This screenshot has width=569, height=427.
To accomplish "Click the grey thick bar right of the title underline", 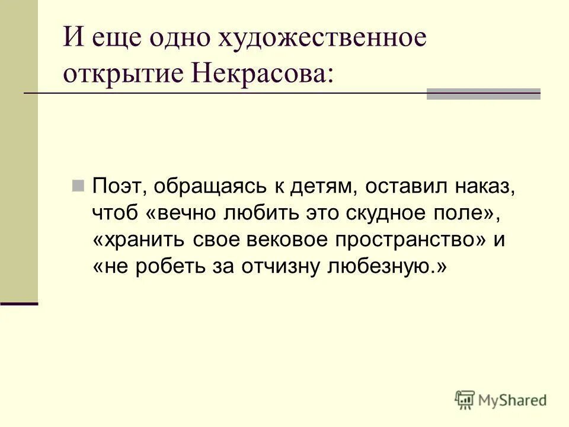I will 484,94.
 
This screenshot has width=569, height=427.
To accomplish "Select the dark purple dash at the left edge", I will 19,303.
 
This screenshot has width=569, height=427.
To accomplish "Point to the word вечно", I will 186,212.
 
